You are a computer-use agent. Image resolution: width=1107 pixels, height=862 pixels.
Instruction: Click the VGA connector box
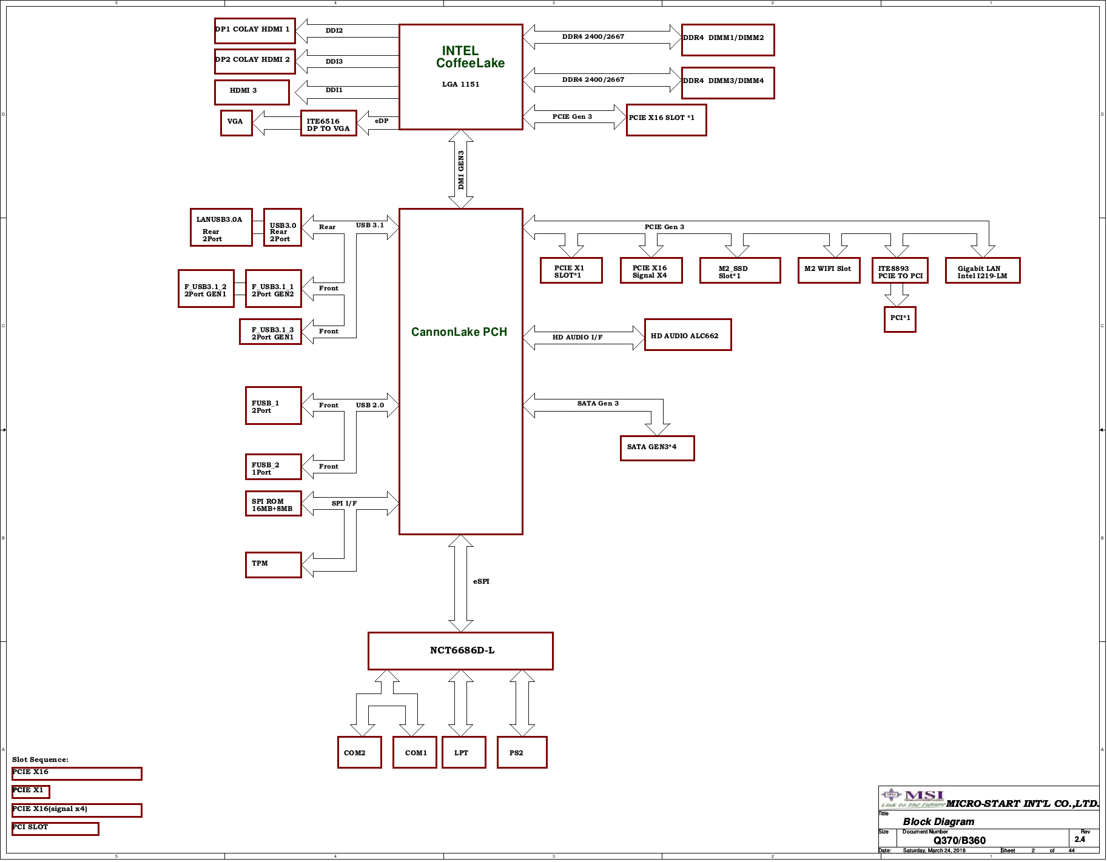click(x=236, y=123)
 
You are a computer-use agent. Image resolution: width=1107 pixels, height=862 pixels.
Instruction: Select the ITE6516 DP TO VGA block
click(x=328, y=123)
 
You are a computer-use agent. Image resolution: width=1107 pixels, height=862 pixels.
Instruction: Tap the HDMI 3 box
click(x=252, y=92)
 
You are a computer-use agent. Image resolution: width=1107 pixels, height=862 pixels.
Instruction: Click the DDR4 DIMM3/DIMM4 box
click(x=728, y=82)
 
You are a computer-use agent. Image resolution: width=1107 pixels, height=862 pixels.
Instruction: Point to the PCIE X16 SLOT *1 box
click(x=666, y=119)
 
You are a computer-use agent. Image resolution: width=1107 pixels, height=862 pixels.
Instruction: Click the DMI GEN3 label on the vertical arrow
click(x=461, y=170)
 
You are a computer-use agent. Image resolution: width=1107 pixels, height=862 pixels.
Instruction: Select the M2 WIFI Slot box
click(x=829, y=270)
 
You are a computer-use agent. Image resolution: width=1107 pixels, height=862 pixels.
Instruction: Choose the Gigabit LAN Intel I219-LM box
click(x=983, y=270)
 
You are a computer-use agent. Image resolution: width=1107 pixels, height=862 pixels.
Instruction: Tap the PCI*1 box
click(x=900, y=319)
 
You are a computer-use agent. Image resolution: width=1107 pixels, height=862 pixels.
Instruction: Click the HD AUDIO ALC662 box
click(x=687, y=335)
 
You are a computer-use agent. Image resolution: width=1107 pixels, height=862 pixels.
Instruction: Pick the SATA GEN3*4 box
click(x=657, y=448)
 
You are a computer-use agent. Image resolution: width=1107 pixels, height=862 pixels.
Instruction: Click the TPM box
click(x=273, y=564)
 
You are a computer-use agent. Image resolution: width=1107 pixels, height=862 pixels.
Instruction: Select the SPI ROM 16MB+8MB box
click(x=273, y=503)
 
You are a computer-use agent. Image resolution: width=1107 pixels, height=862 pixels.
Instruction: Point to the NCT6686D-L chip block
click(x=460, y=651)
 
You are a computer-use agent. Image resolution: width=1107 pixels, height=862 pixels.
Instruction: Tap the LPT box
click(x=463, y=752)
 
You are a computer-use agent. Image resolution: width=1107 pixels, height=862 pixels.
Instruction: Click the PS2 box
click(x=522, y=752)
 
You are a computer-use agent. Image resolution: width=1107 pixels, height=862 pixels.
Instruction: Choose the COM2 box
click(x=359, y=752)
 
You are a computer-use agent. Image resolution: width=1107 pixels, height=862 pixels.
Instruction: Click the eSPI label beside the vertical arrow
click(x=481, y=581)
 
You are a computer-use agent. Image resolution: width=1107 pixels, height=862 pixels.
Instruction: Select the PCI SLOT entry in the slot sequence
click(x=55, y=829)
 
